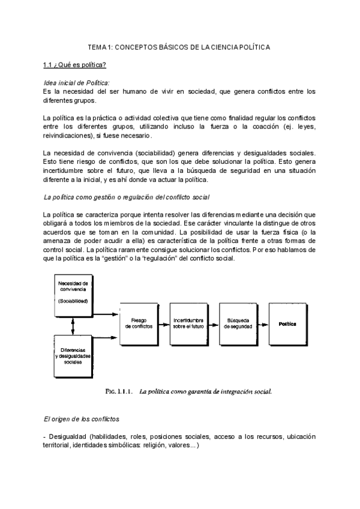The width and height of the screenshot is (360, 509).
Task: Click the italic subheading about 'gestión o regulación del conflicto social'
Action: pyautogui.click(x=126, y=197)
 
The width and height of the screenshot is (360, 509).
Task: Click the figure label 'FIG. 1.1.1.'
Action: pyautogui.click(x=117, y=393)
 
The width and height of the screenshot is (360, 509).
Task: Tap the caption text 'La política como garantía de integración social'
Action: pyautogui.click(x=205, y=393)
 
